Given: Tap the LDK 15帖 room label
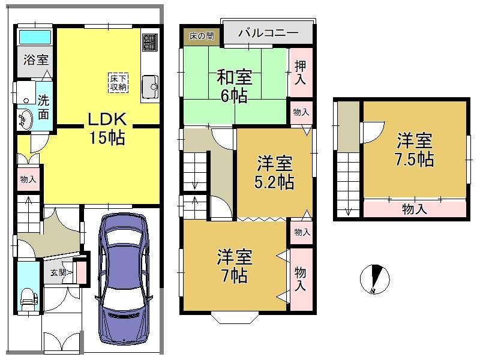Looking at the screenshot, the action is (x=107, y=128).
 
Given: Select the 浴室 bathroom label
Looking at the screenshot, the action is (x=36, y=59).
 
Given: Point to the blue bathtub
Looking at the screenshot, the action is (x=35, y=37).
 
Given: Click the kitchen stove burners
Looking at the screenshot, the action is (x=150, y=42).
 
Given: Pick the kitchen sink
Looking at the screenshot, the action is (x=150, y=86).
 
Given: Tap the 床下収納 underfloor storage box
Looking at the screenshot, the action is (x=118, y=83).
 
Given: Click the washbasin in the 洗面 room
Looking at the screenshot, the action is (x=25, y=120).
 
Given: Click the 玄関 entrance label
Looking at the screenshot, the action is (x=58, y=272).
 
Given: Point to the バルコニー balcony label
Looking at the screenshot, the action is (x=268, y=33).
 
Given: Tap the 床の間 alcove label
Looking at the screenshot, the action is (x=202, y=36).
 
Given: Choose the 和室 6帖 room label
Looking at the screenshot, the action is (x=235, y=86).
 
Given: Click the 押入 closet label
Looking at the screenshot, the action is (x=301, y=72).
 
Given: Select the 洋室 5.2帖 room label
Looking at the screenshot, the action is (x=274, y=172).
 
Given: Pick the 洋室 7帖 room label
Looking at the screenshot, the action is (x=235, y=266).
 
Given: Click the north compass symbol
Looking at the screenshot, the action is (x=374, y=279).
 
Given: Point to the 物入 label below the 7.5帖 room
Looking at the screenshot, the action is (x=414, y=209).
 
